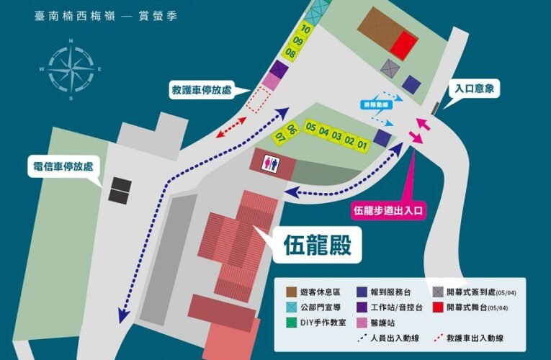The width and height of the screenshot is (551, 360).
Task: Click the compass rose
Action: pos(70,68)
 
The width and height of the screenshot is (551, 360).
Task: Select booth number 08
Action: pos(290,53)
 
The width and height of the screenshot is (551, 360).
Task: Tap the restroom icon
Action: pos(271,163)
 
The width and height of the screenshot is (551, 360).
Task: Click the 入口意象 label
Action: pos(475,89)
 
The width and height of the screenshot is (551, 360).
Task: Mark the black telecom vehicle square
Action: pos(120,189)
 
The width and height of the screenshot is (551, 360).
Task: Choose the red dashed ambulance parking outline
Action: pos(256,100)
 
